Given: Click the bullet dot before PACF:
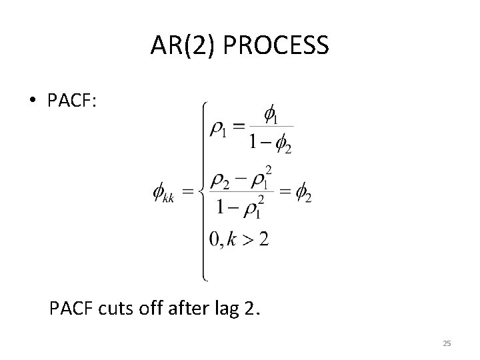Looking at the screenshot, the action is (x=32, y=101).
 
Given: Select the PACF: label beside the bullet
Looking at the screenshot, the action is (x=72, y=101).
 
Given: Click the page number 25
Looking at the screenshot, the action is (x=447, y=343).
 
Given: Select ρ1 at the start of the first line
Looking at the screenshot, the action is (x=219, y=129).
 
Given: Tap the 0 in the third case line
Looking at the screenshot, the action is (x=214, y=240).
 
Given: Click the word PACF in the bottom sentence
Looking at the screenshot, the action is (x=71, y=309).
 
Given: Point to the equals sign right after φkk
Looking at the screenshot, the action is (x=189, y=194).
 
